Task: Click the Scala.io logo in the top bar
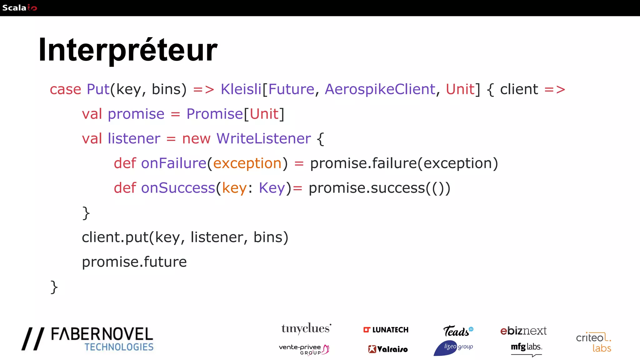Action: (19, 8)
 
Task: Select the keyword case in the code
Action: (65, 89)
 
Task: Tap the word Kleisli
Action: (241, 89)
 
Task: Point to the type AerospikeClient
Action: (380, 89)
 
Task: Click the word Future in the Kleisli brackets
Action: (291, 89)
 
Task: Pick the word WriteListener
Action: (263, 138)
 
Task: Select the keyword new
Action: (196, 138)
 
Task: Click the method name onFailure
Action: (174, 163)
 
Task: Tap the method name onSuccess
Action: (178, 188)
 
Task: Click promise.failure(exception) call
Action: (404, 163)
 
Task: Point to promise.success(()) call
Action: (379, 188)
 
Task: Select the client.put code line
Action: (185, 237)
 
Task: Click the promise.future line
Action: (134, 262)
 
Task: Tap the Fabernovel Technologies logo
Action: (88, 339)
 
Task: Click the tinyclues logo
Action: (306, 329)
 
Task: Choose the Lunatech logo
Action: (386, 330)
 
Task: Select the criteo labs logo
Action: (593, 342)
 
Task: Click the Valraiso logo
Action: (388, 349)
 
